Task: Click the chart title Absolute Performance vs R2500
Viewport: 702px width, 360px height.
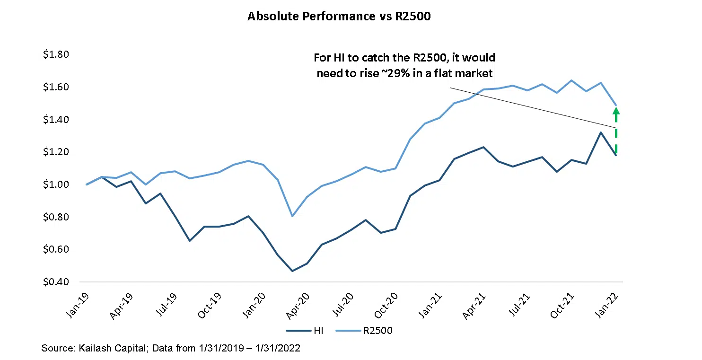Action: [x=339, y=17]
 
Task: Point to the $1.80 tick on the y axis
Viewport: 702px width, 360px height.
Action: [x=56, y=55]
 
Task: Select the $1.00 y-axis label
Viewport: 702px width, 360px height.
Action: [x=56, y=184]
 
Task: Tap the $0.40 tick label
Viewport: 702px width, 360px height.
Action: [x=56, y=282]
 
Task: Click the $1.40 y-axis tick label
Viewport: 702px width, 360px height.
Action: [x=56, y=120]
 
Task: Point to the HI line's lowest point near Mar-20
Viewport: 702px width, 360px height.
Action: [x=292, y=271]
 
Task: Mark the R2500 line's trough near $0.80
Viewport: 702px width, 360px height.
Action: [x=292, y=216]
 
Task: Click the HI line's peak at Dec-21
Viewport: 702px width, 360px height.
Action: [x=601, y=132]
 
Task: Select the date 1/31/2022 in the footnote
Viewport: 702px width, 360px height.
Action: [x=279, y=349]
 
